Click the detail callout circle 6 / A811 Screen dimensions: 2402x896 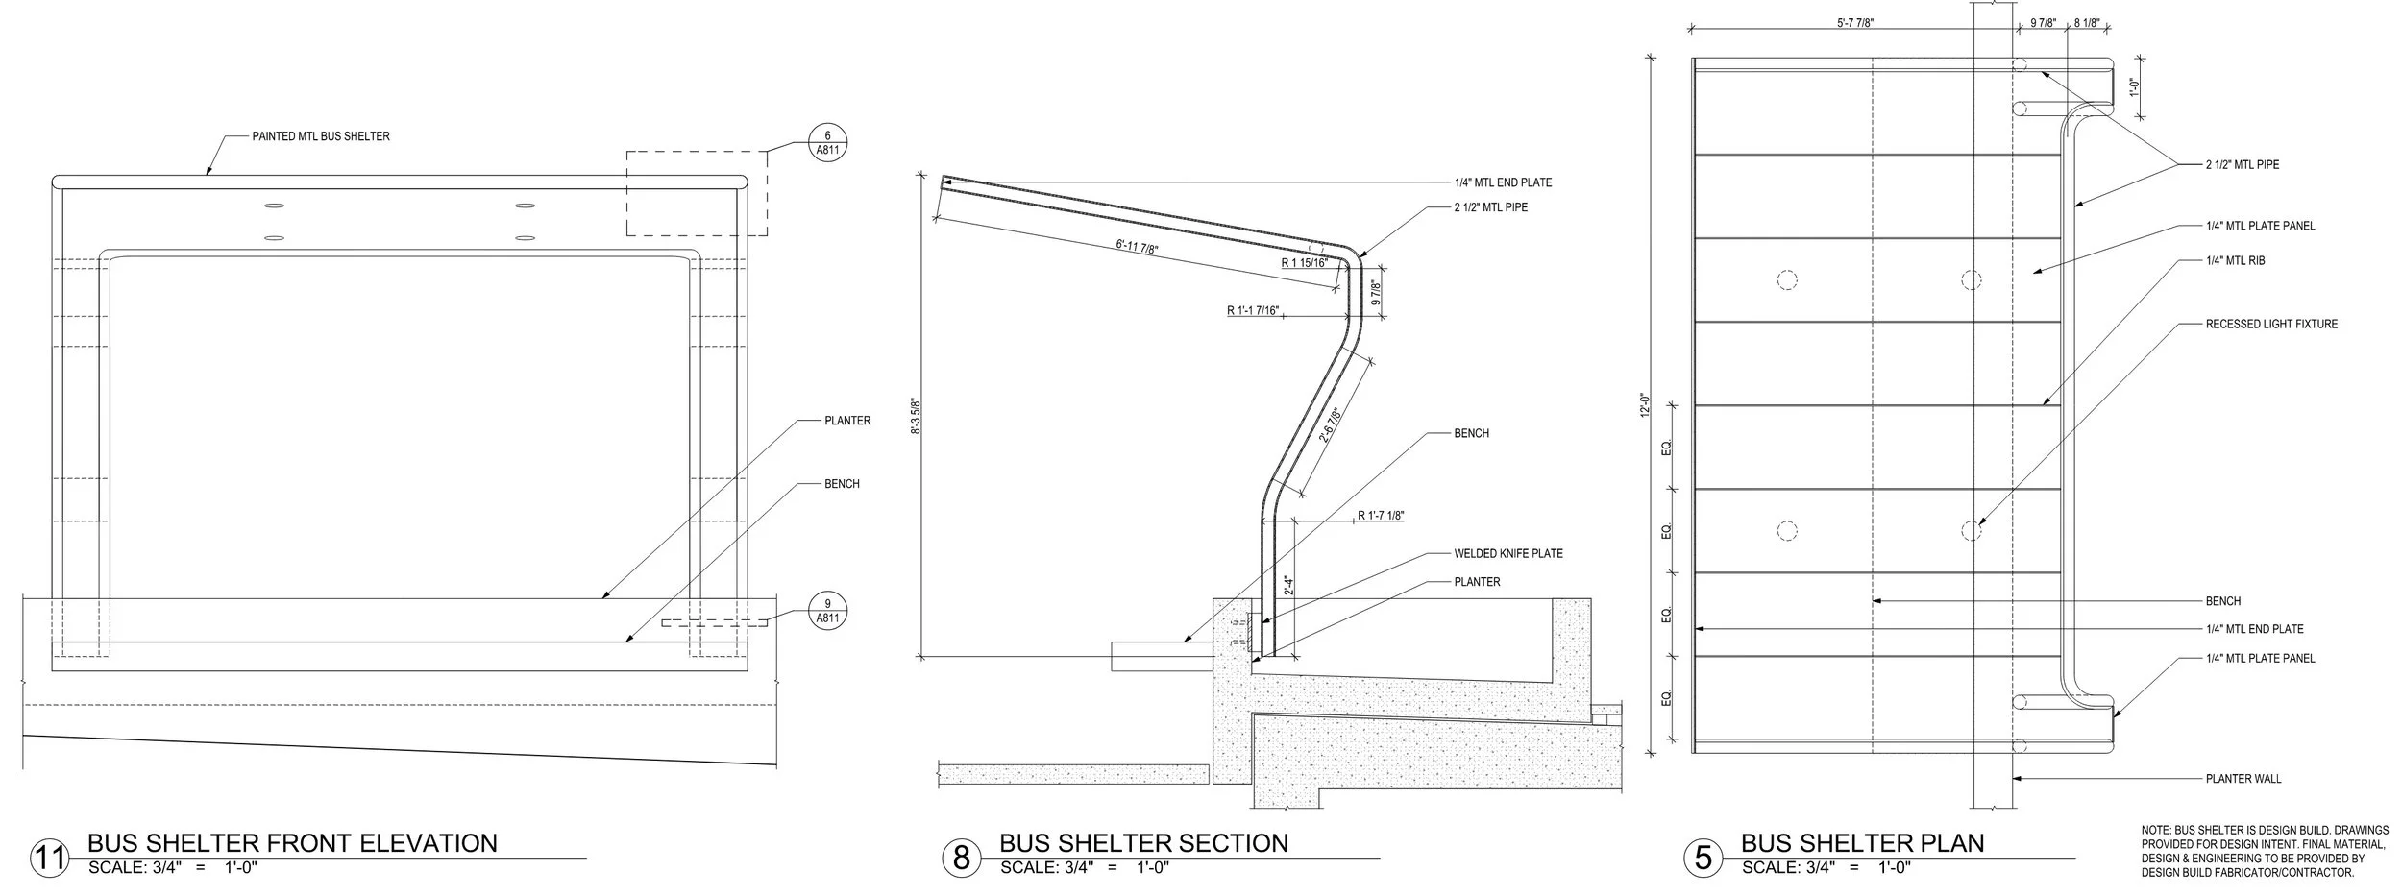827,144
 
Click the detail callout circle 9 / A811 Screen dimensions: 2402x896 827,611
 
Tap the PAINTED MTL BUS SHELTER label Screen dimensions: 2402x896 321,137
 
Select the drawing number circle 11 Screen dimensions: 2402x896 49,858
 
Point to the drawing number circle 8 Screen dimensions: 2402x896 961,858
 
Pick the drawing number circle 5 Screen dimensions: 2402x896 1703,858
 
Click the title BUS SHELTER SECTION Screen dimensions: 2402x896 1143,843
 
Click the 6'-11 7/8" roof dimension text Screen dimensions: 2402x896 1138,248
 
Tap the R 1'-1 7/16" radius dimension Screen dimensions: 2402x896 1253,310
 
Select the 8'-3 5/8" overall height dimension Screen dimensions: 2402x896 917,416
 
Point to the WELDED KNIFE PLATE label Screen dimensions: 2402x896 1507,554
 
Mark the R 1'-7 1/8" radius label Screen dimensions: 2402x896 1381,517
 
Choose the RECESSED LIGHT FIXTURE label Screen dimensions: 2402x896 2271,325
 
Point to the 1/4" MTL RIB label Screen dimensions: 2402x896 2235,260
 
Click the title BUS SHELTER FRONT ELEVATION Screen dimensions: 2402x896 292,843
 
